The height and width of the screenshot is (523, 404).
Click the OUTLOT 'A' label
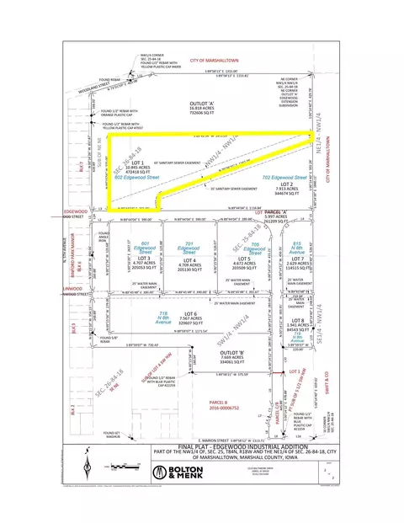(198, 99)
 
